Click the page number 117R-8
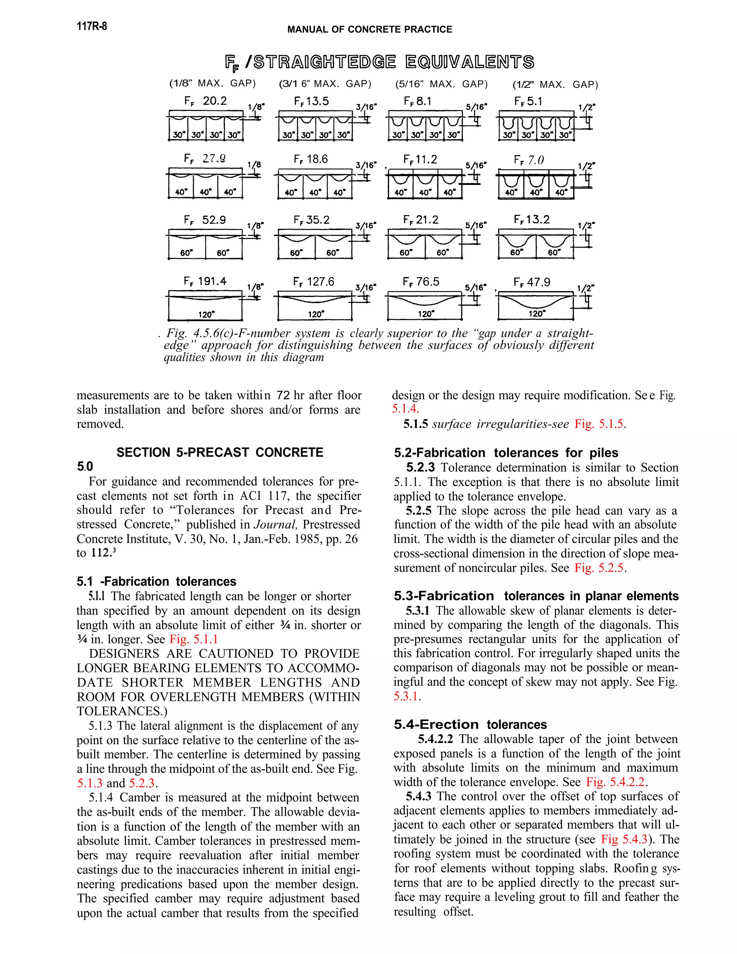[x=92, y=26]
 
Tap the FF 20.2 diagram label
[x=205, y=101]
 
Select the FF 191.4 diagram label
[x=205, y=281]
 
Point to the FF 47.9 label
[x=532, y=282]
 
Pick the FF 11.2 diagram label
[x=420, y=159]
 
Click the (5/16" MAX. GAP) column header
[x=441, y=84]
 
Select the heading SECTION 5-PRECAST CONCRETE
[x=220, y=452]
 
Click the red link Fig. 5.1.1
[x=193, y=639]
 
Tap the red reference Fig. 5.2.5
[x=600, y=567]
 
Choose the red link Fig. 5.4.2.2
[x=616, y=782]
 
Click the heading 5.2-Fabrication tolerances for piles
[x=506, y=453]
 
